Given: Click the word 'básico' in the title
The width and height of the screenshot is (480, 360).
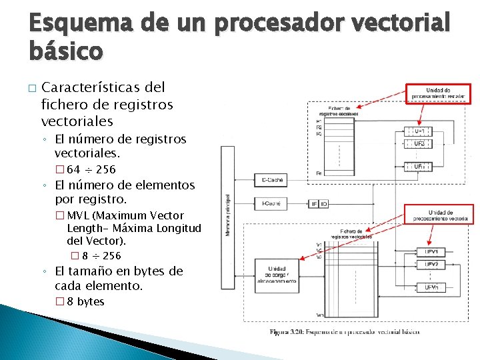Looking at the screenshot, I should coord(66,51).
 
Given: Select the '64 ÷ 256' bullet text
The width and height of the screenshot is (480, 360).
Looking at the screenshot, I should coord(91,169).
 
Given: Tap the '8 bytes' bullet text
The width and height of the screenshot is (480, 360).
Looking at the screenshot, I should coord(85,302).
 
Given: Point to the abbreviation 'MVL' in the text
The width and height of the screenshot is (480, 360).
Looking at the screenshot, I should coord(79,215).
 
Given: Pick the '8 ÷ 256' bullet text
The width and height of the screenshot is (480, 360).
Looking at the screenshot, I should coord(102,256).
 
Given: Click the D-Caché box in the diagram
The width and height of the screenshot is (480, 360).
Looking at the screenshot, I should coord(271,180).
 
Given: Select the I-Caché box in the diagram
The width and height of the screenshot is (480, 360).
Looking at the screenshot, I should coord(271,203).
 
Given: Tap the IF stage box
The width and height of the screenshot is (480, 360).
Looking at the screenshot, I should coord(314,203).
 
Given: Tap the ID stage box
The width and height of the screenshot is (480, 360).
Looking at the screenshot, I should coord(323,203).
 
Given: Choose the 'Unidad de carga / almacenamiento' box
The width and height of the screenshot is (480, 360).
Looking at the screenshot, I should coord(277,274).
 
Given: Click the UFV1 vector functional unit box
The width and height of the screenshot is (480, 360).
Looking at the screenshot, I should coord(431,251).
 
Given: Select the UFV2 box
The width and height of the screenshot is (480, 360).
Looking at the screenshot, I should coord(431,264).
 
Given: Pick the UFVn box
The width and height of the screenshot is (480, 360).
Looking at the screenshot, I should coord(431,287).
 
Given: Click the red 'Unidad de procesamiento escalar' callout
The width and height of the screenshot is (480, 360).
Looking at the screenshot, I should coord(439,93).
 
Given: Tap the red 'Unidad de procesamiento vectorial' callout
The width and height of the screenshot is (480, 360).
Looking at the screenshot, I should coord(439,214).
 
